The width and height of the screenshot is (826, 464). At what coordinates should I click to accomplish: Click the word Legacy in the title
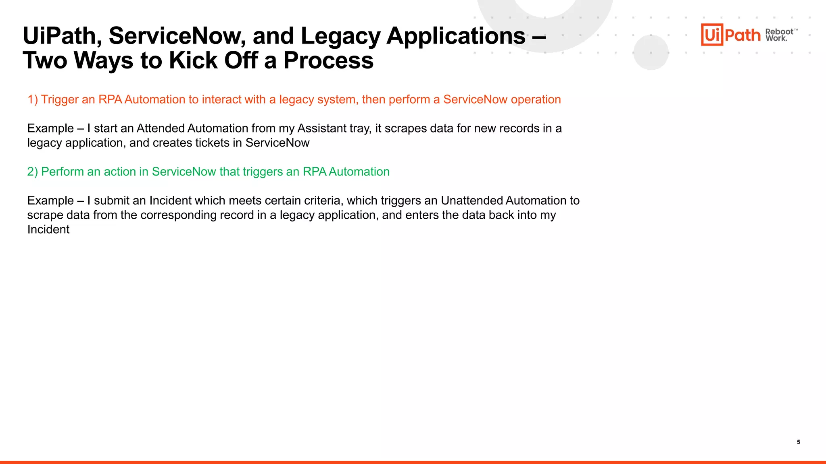click(340, 36)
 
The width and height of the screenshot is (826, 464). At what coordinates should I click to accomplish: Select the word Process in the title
click(328, 61)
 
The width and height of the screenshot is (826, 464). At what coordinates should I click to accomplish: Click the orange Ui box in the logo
click(712, 35)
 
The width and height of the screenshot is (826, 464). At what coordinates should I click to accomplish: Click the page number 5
click(798, 442)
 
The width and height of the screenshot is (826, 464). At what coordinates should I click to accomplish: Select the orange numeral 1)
click(33, 99)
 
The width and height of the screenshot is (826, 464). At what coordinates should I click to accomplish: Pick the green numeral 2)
click(33, 172)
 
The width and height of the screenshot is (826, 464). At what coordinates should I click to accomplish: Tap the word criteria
click(321, 201)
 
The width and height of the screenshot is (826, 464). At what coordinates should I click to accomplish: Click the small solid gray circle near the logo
click(651, 52)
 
